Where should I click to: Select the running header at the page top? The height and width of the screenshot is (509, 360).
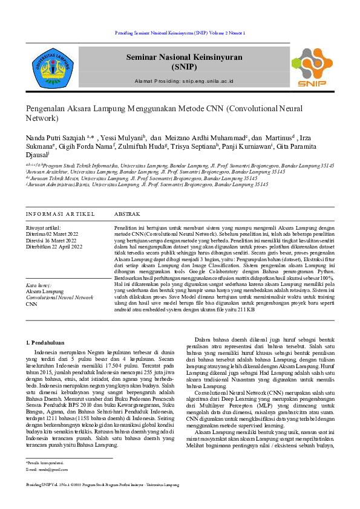[x=180, y=33]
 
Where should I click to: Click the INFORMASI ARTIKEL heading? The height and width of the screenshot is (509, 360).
[x=60, y=214]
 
